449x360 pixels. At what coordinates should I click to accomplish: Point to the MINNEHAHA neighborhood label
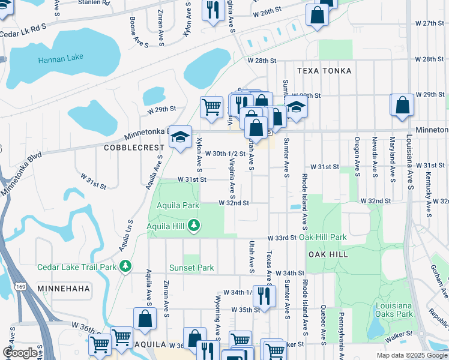tap(63, 289)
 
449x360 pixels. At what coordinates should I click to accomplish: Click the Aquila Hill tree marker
tap(193, 226)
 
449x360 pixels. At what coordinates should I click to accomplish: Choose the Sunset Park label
tap(191, 268)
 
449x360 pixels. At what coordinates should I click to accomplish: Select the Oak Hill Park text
tap(323, 237)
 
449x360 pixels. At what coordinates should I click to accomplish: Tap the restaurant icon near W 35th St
tap(263, 295)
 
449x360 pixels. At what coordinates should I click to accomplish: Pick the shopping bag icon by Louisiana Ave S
tap(402, 105)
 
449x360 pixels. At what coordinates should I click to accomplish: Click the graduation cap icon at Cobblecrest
tap(180, 137)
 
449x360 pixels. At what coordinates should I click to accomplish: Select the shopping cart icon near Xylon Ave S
tap(211, 107)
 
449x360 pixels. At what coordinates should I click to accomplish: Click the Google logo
tap(20, 352)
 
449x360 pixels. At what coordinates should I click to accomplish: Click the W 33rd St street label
tap(282, 237)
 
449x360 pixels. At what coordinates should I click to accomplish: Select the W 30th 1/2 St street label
tap(225, 154)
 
